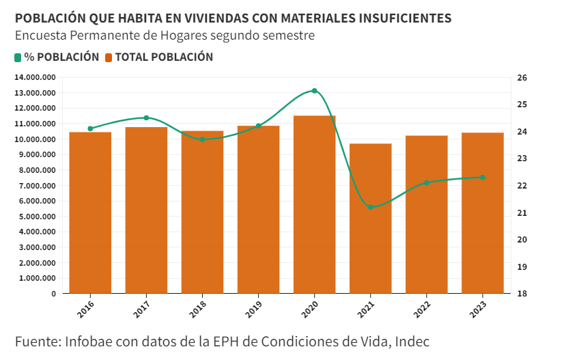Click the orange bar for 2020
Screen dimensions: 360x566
click(314, 204)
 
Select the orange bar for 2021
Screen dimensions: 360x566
click(371, 219)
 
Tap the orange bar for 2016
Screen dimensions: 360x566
click(90, 212)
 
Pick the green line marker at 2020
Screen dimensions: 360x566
click(315, 91)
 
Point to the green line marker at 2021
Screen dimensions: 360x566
click(371, 207)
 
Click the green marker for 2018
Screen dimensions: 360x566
click(202, 139)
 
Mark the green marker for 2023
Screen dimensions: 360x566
click(483, 178)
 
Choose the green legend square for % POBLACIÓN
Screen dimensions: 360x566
click(18, 57)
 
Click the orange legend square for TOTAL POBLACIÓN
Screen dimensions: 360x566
click(109, 57)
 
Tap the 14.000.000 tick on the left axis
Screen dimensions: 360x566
click(35, 77)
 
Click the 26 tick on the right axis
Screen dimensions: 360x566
click(522, 78)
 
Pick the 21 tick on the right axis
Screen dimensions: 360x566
click(522, 213)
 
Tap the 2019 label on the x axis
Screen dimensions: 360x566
click(253, 308)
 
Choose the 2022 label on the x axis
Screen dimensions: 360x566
click(421, 308)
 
